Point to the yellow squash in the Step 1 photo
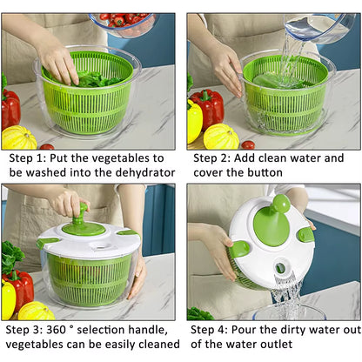(19, 137)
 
